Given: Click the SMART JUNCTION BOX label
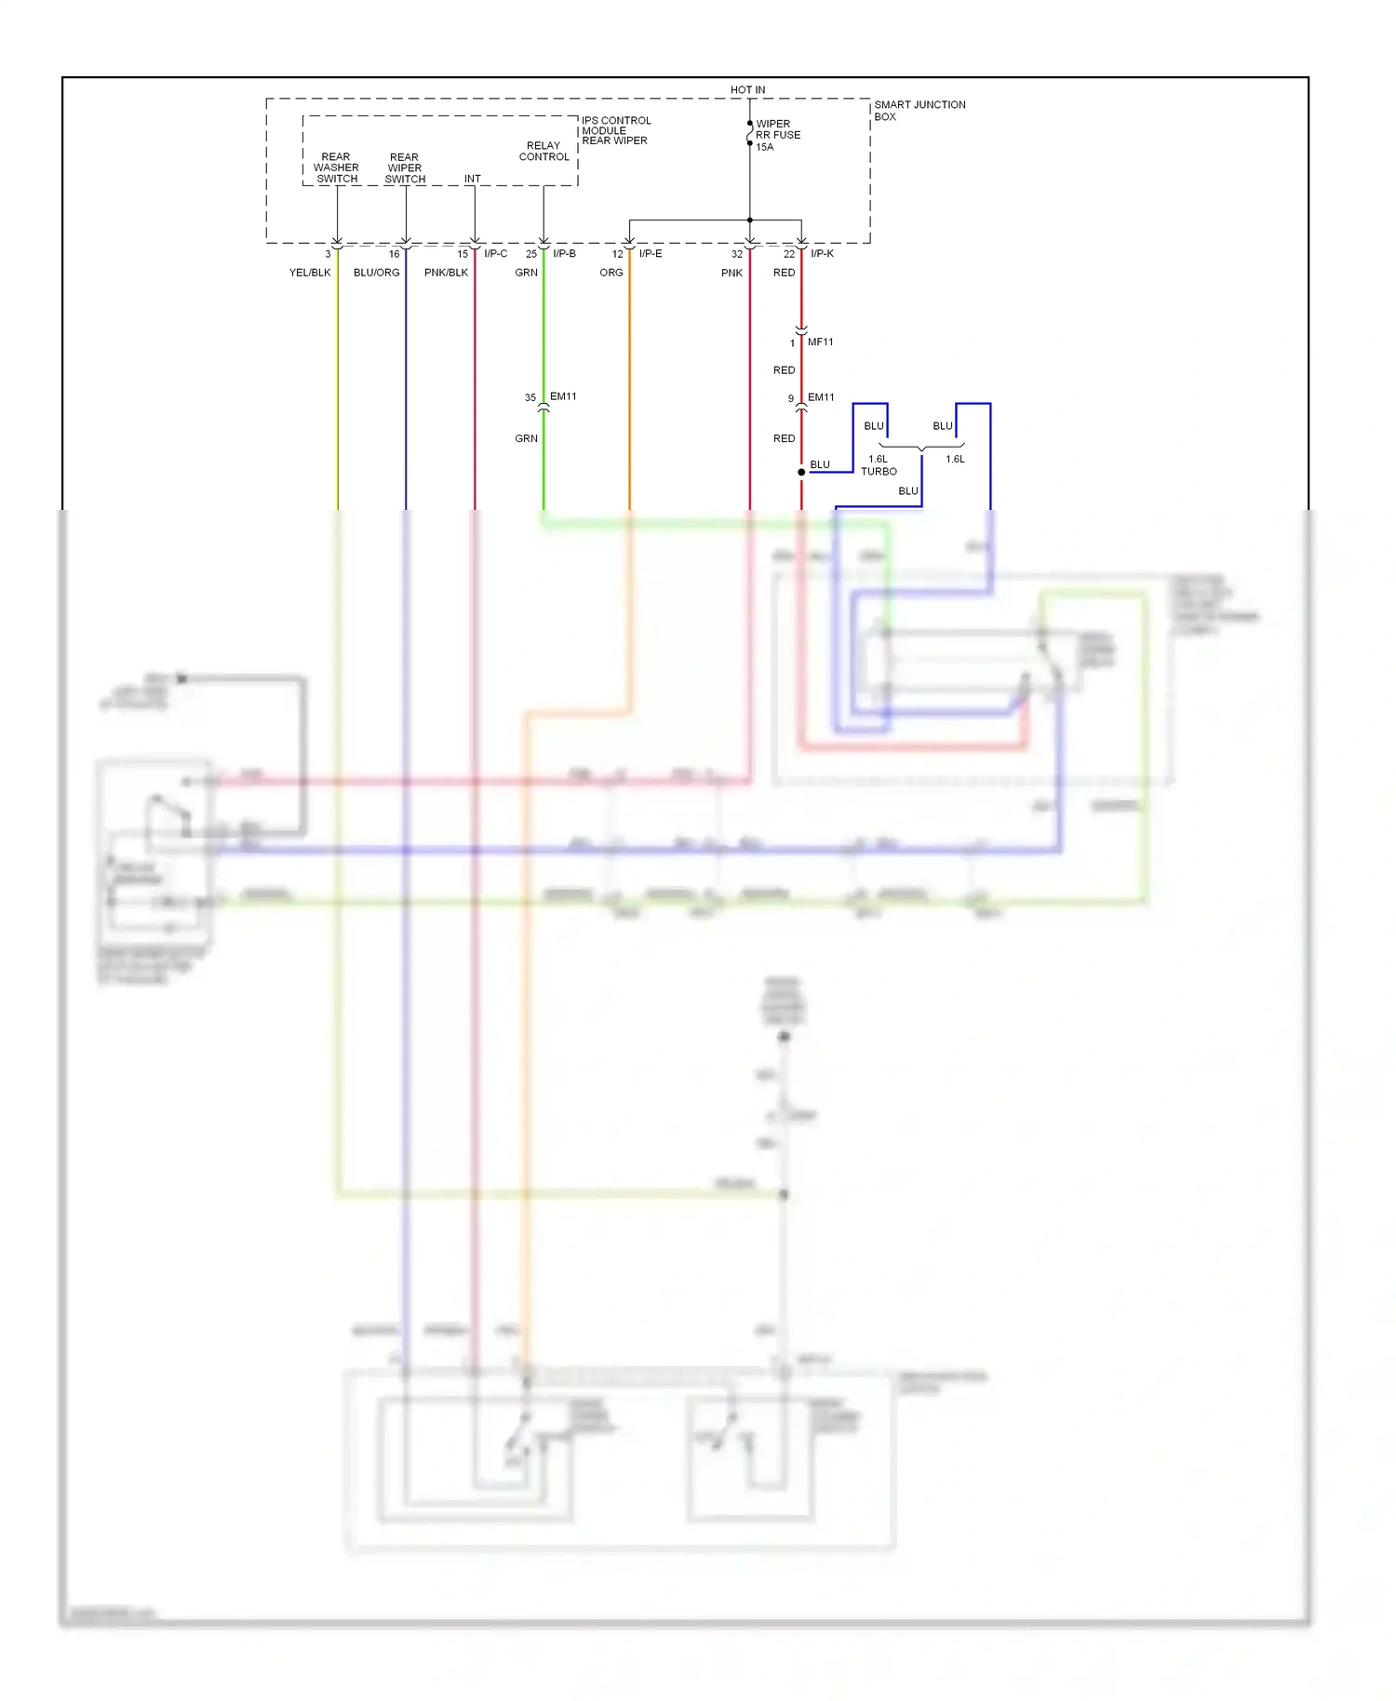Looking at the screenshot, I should pos(919,111).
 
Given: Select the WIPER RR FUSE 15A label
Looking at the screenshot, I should pos(777,135).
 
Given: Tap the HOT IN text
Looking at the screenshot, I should pos(747,90).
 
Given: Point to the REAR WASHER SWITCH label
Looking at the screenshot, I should pos(336,167).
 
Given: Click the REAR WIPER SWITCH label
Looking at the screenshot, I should pos(405,168).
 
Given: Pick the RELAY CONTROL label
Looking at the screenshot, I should pos(544,152).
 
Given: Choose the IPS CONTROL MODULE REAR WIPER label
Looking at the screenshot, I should pos(615,130).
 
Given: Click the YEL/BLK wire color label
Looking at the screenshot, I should pos(310,273).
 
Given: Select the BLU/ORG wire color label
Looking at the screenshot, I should pos(376,273).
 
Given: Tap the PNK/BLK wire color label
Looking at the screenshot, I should pos(446,273).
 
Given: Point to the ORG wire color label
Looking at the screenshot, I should pos(611,273).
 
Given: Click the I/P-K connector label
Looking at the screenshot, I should pos(822,253).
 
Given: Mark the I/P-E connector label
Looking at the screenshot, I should pos(651,253).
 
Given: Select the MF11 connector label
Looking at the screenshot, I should pos(820,342).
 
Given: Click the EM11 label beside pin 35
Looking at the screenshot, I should pos(563,396).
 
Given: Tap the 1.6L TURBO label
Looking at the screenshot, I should pos(879,465).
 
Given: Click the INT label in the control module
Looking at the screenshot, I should pos(473,179).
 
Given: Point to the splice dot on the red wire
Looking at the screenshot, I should pos(801,472).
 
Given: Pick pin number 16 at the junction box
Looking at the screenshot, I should pos(394,254).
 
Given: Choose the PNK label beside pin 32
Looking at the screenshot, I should pos(732,273).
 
